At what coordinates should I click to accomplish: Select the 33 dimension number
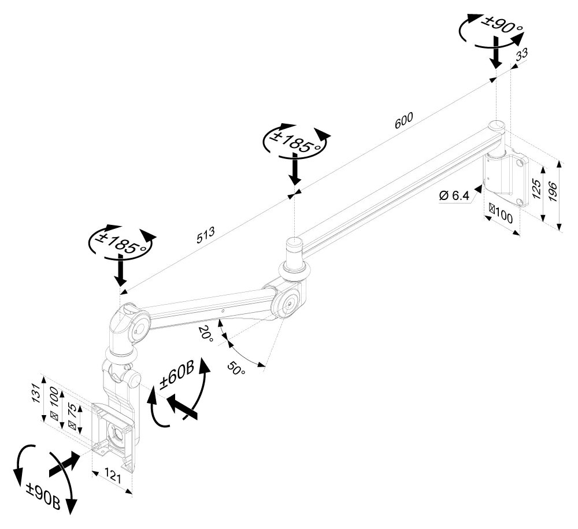[x=521, y=56]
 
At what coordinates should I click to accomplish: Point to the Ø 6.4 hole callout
[x=454, y=196]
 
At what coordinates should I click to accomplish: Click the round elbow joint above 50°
[x=287, y=302]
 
